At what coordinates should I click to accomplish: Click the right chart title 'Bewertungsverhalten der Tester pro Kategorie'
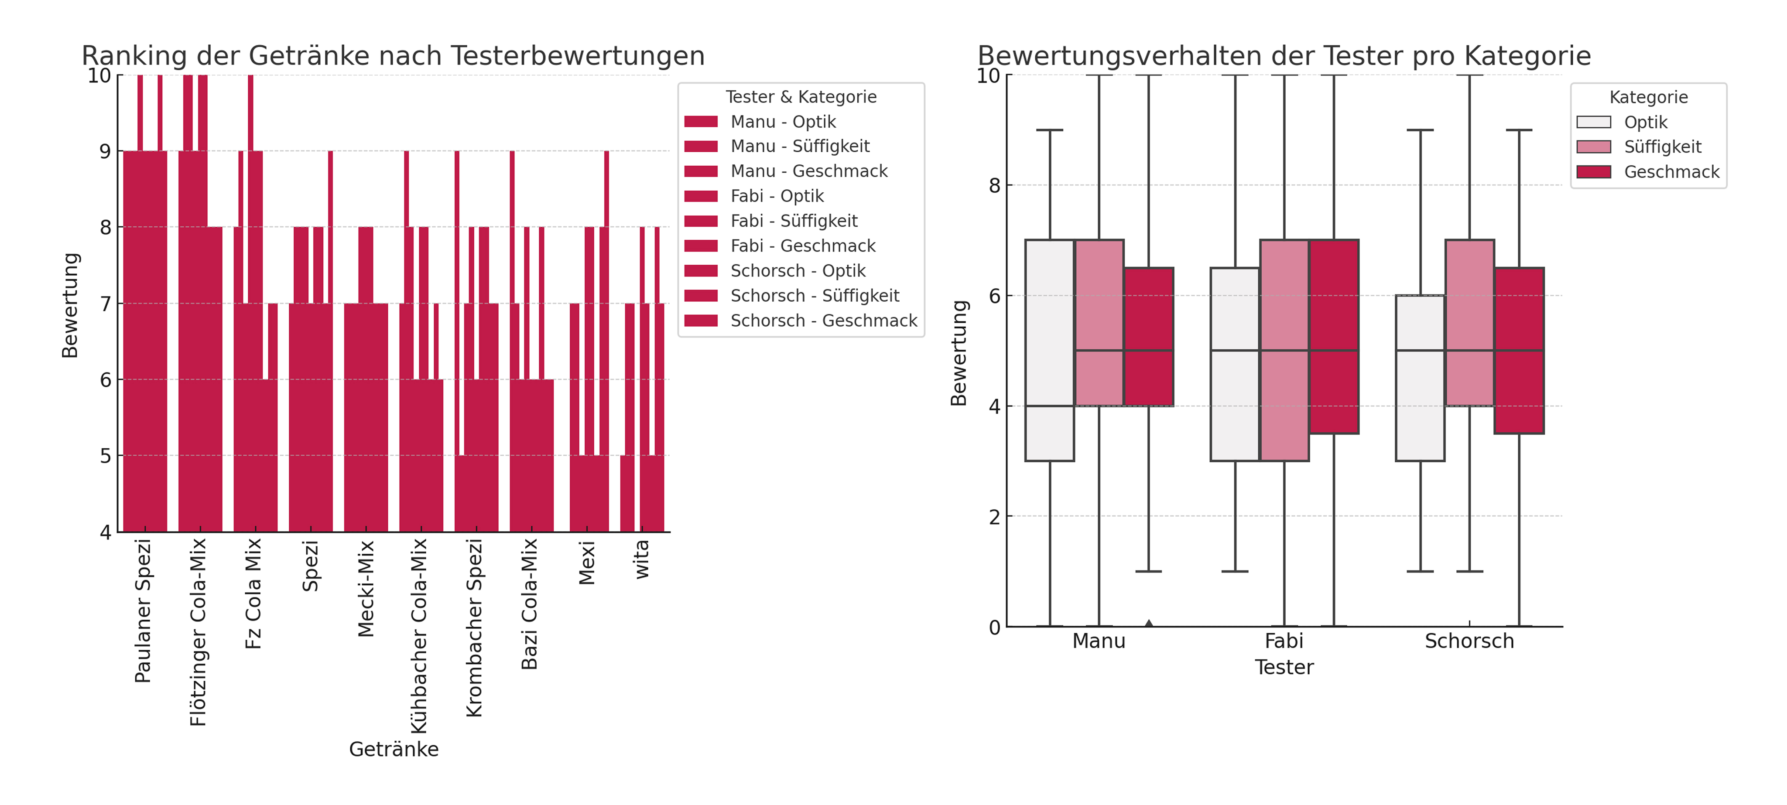(x=1284, y=55)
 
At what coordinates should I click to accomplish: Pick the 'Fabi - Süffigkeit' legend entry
(x=794, y=221)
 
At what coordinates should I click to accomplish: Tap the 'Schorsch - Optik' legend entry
(x=798, y=271)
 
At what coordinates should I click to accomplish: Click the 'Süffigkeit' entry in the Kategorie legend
(x=1662, y=147)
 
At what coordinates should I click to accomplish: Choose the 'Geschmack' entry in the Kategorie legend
(x=1671, y=172)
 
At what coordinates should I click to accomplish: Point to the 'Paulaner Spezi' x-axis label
(x=143, y=611)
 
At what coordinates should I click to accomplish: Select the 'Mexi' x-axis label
(x=587, y=563)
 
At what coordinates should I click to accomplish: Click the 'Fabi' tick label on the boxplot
(x=1284, y=641)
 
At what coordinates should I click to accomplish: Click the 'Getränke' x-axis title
(x=394, y=750)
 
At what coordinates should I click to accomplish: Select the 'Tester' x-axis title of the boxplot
(x=1284, y=668)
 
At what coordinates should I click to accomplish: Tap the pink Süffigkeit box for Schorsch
(x=1469, y=322)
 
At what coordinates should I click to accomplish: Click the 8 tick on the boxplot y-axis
(x=995, y=186)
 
